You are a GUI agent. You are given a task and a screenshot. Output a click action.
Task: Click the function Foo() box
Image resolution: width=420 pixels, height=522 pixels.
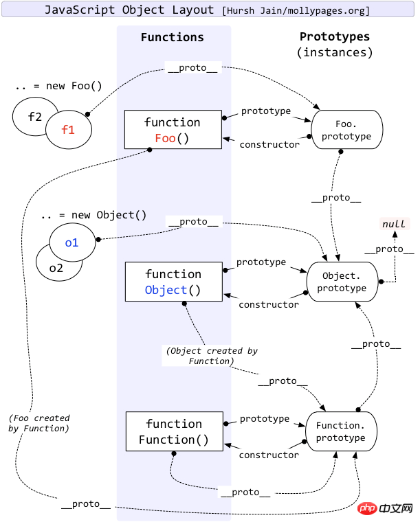tap(173, 130)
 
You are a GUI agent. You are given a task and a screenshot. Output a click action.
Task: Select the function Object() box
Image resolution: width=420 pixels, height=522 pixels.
tap(173, 282)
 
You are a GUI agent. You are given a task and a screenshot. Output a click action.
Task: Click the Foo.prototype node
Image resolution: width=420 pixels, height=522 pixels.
tap(345, 129)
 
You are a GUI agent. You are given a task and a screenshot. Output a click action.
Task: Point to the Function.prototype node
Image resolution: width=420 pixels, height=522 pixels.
tap(341, 431)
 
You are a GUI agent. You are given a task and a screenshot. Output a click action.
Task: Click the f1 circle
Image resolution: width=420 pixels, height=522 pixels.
tap(68, 128)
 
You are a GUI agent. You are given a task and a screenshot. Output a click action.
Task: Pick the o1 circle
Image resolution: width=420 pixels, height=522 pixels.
tap(72, 242)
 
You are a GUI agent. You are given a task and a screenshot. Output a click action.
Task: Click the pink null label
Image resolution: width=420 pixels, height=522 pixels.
tap(394, 224)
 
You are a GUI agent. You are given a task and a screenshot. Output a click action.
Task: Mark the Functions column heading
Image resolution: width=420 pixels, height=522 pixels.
tap(173, 37)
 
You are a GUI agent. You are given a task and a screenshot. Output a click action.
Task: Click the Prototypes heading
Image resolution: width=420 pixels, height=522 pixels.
tap(335, 37)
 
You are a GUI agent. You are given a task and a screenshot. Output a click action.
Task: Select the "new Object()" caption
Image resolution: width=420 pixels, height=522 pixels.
tap(93, 214)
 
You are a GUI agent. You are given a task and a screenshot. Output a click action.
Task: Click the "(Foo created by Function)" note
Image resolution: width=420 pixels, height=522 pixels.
tap(39, 423)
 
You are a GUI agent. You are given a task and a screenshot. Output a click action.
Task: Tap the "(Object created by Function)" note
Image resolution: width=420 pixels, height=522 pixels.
tap(212, 356)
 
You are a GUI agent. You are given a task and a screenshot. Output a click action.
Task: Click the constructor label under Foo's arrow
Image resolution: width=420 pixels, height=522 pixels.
tap(269, 145)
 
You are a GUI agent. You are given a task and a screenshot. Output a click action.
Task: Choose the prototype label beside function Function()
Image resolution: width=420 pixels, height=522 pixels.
tap(265, 418)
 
